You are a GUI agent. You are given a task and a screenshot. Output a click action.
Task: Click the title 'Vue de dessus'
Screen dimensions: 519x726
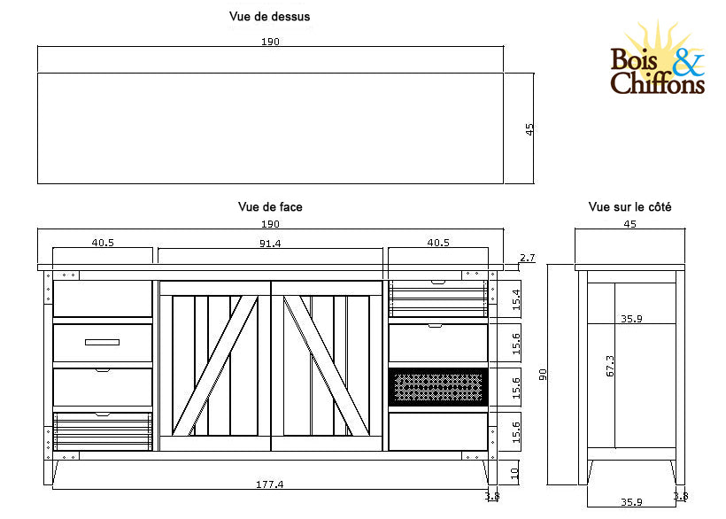coord(269,16)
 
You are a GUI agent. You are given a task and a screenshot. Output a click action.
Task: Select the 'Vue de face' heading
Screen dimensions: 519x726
coord(270,206)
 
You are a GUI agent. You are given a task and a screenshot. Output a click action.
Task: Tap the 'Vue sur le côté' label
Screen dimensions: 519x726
coord(629,206)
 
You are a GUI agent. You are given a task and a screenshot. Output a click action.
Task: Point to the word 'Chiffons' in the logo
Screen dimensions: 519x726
coord(657,84)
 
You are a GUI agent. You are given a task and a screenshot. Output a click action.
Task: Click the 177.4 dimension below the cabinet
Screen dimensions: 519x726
coord(270,484)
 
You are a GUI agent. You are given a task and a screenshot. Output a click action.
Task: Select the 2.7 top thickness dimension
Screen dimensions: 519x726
coord(527,258)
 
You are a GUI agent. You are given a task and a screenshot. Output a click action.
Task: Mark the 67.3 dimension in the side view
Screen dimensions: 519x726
coord(610,366)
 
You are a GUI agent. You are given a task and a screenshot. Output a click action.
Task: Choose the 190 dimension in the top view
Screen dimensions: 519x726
coord(270,42)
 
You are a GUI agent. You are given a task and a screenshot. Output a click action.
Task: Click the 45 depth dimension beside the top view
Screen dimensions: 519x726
coord(529,128)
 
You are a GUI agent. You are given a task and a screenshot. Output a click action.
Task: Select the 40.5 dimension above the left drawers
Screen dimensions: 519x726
coord(104,243)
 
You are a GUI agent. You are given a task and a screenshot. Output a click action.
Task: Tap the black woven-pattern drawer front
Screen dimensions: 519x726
coord(437,386)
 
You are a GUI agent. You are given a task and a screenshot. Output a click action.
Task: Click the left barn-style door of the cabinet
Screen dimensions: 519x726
coord(214,366)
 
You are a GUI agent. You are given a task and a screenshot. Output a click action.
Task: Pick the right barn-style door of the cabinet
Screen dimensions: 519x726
coord(327,366)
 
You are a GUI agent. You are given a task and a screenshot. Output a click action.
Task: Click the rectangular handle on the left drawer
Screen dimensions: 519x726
coord(102,342)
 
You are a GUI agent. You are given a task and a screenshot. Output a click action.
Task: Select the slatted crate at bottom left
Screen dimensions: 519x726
coord(102,431)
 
